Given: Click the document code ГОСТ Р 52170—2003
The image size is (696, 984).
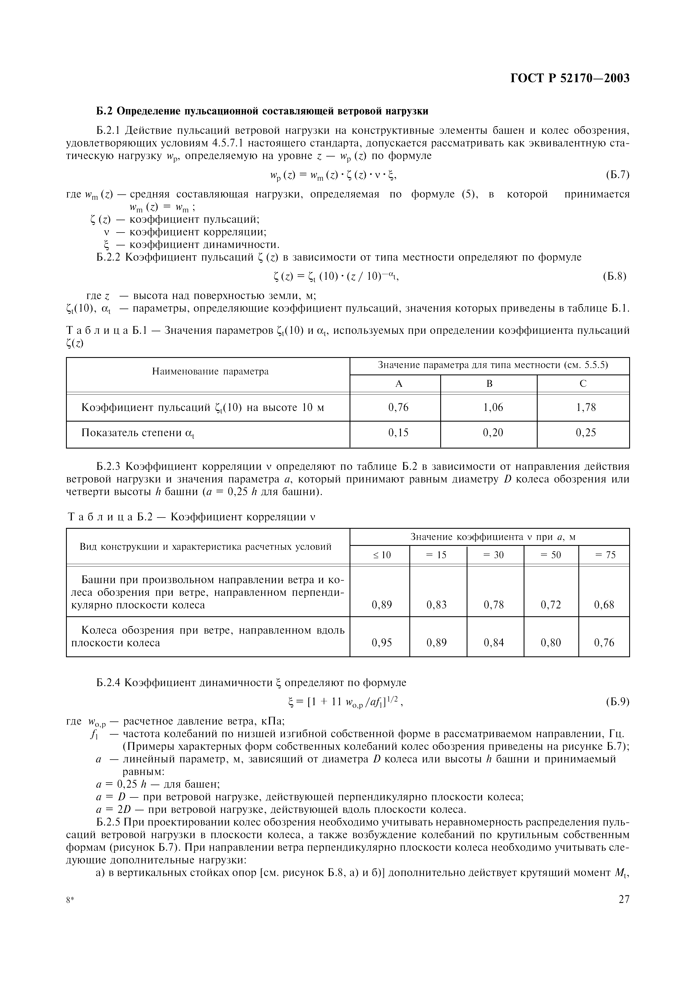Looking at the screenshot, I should coord(570,79).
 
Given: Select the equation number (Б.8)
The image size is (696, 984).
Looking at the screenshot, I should coord(615,276).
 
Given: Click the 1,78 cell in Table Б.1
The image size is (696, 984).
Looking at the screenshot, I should coord(585,407).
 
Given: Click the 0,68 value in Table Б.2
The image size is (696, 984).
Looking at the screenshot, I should coord(604,605).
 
